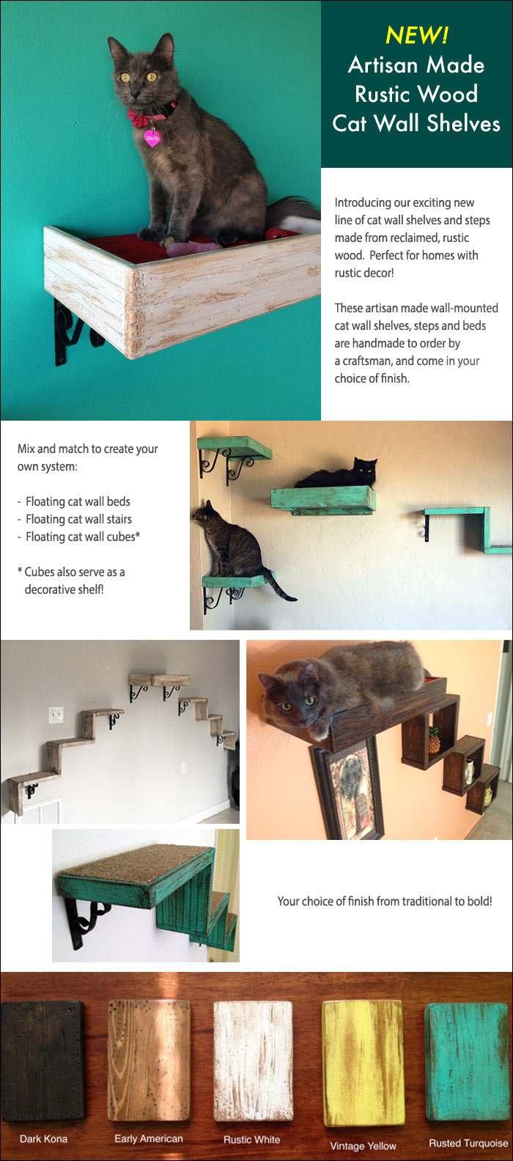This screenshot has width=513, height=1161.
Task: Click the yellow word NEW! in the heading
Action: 416,35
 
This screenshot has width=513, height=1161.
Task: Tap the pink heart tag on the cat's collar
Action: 152,138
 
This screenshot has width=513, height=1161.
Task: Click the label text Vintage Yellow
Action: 363,1146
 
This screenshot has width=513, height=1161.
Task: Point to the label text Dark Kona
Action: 43,1138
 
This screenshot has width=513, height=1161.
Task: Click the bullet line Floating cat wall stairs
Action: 78,519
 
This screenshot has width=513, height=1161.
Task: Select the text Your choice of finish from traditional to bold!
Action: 384,901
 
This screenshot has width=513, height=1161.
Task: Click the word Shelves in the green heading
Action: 463,123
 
